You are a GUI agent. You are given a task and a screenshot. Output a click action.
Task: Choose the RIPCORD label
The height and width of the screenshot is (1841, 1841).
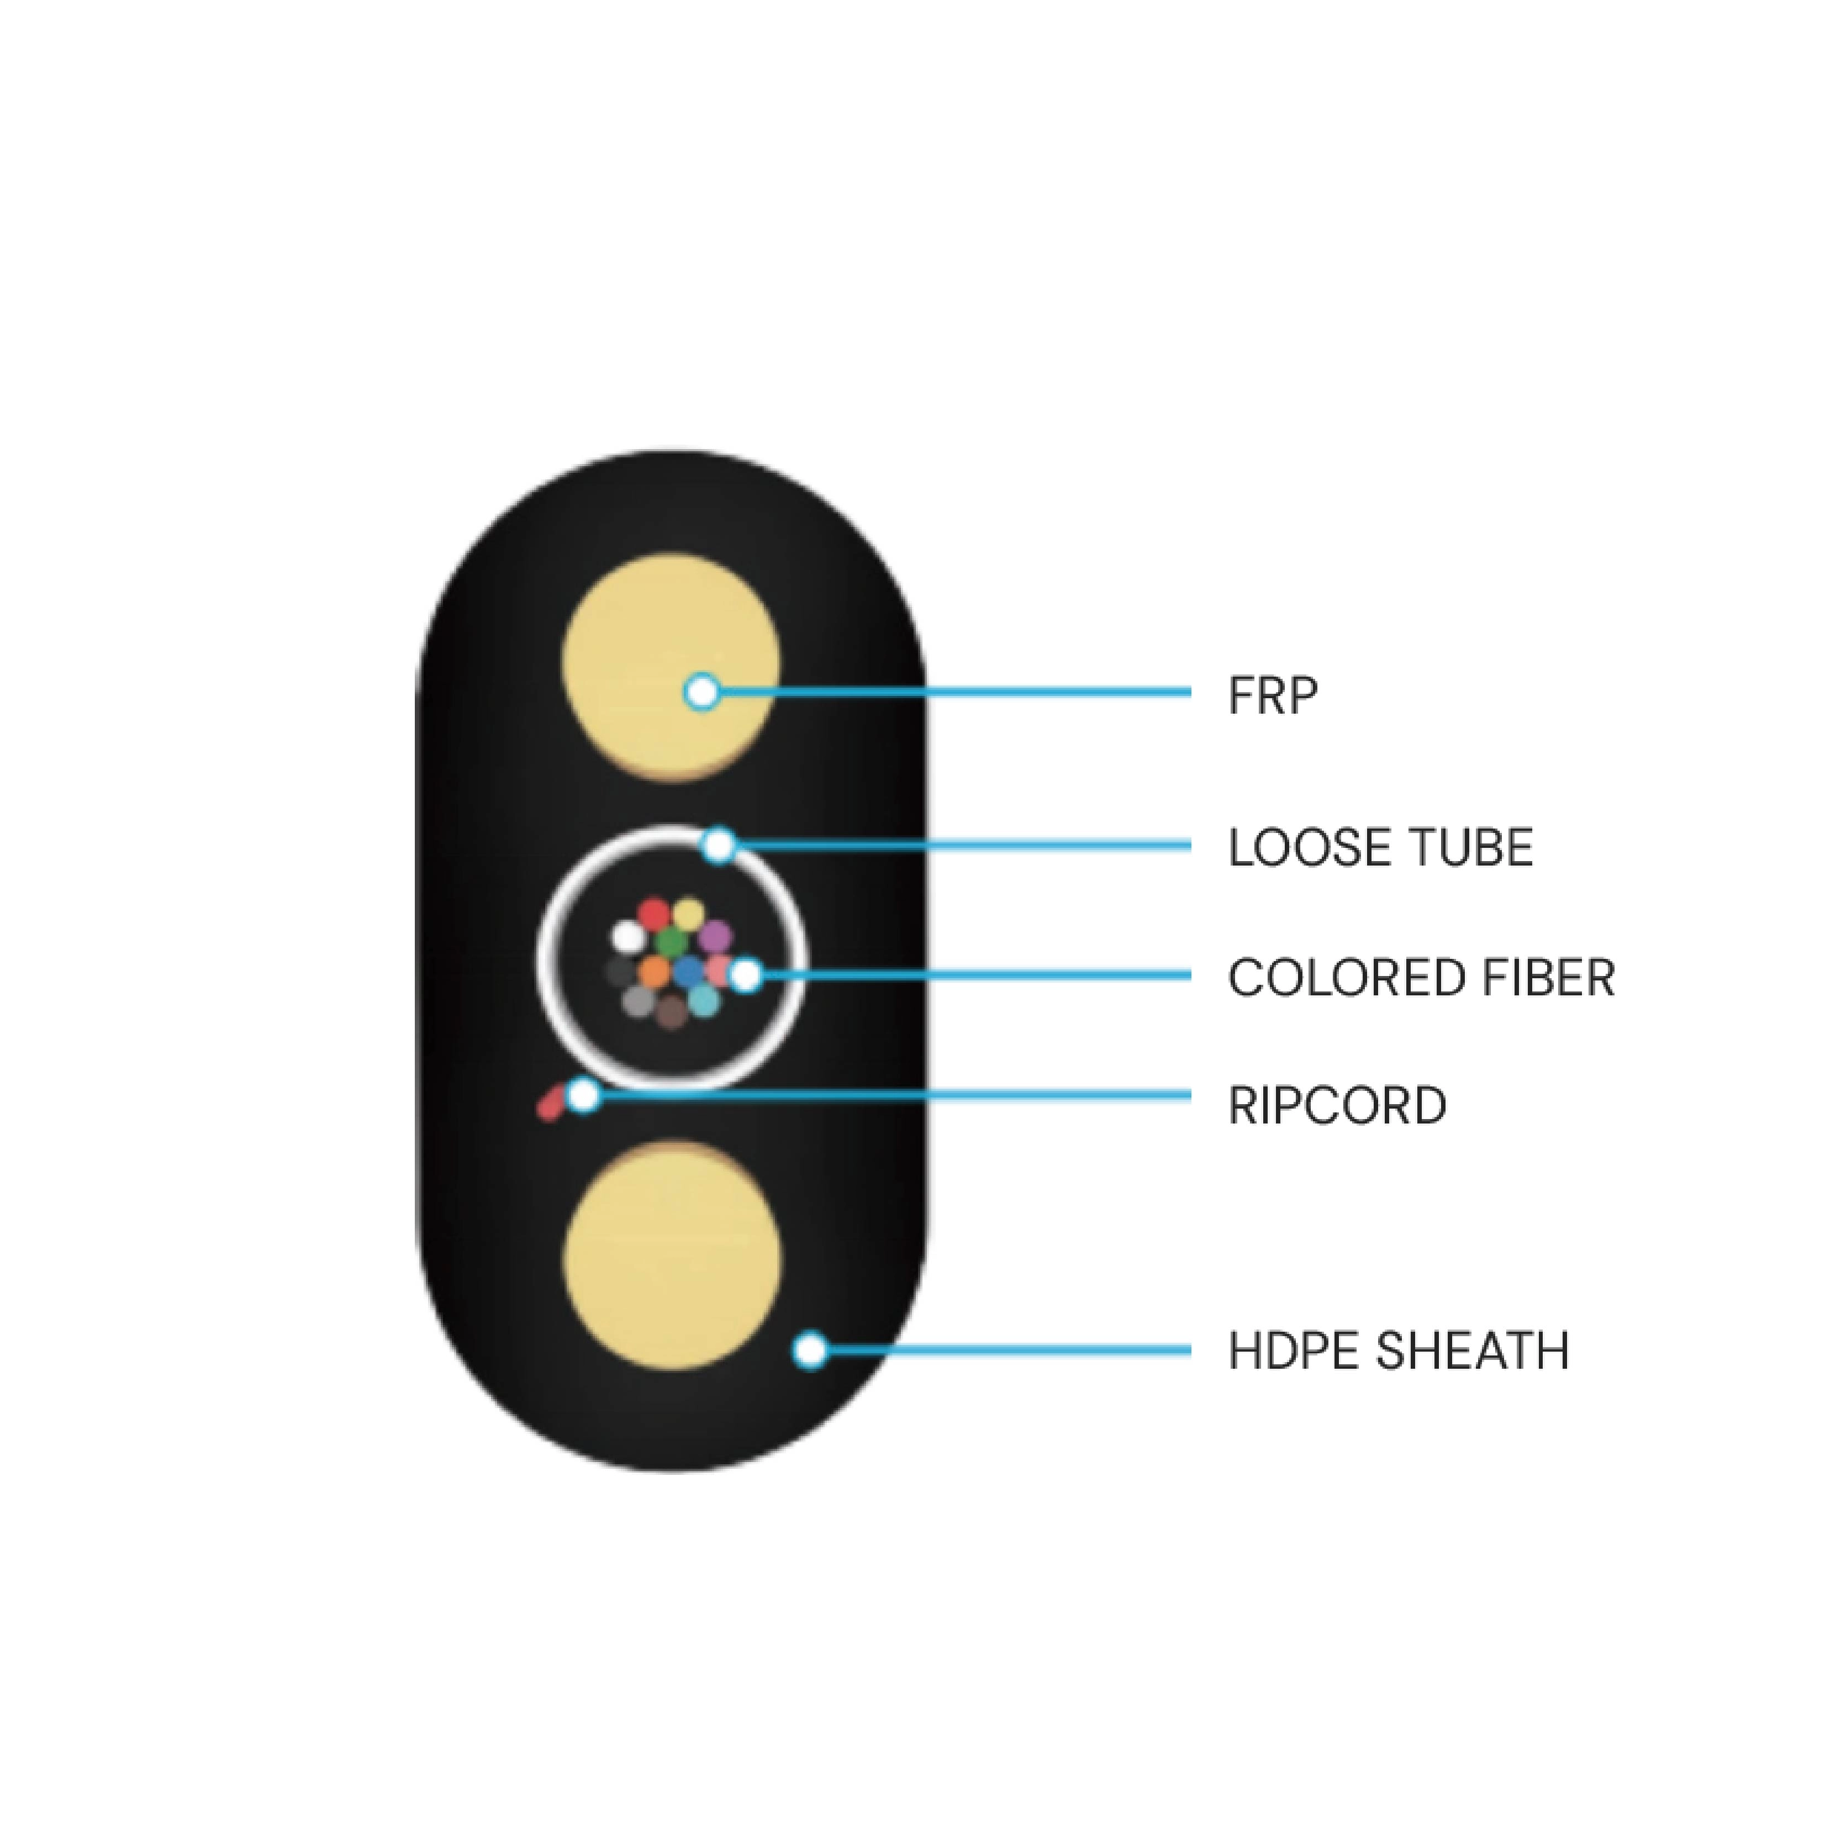(x=1337, y=1105)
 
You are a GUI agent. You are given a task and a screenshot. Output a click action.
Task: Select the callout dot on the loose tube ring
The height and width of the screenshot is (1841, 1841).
(x=719, y=844)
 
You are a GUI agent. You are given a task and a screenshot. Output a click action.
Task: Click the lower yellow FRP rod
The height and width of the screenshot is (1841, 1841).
(x=672, y=1258)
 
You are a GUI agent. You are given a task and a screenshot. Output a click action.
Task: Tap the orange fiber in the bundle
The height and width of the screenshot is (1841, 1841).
(x=653, y=972)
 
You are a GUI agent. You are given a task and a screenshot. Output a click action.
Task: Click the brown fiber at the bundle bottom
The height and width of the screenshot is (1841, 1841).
(x=671, y=1011)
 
